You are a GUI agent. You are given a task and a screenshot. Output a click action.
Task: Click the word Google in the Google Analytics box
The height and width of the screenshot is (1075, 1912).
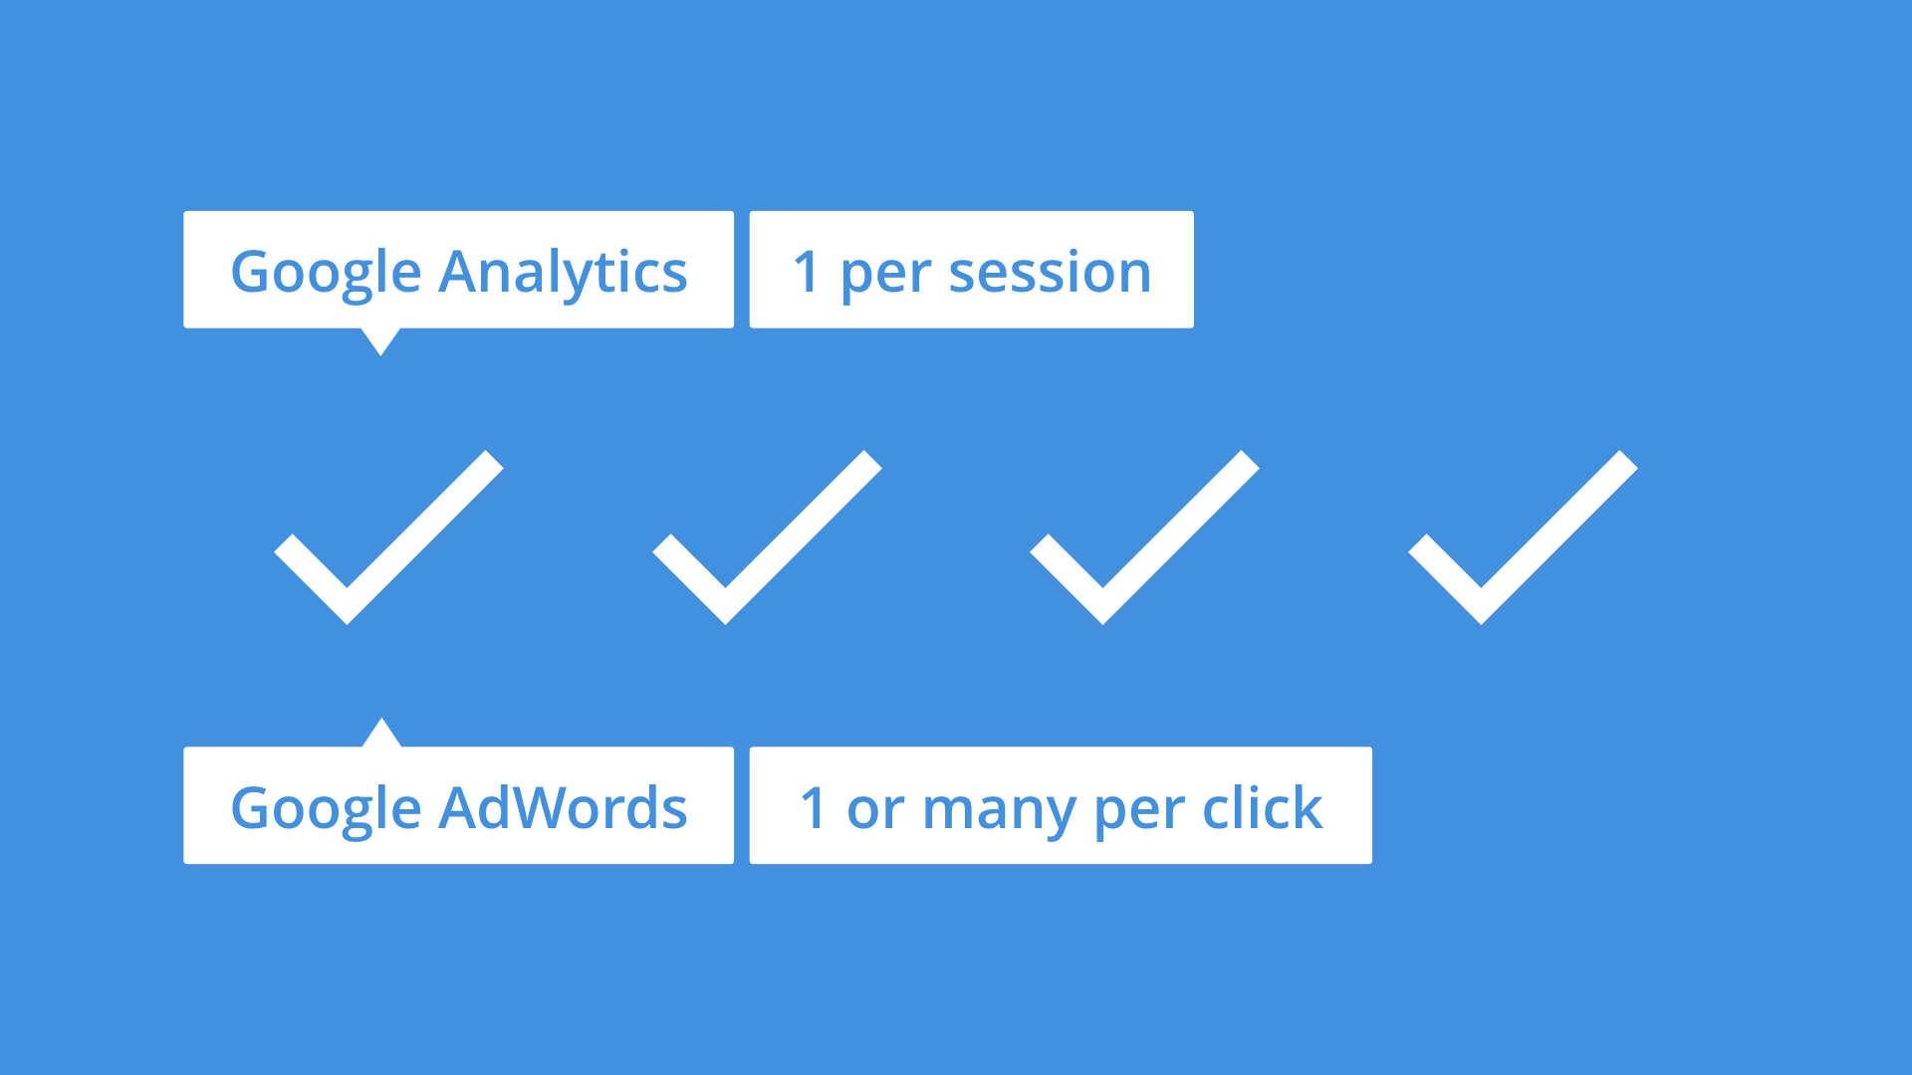pos(326,272)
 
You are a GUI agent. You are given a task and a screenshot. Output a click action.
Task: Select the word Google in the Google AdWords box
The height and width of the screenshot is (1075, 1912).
pos(326,807)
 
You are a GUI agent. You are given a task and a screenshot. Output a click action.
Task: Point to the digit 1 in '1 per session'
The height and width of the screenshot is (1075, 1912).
pos(807,272)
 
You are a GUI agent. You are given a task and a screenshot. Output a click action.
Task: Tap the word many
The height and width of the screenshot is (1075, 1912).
pos(999,809)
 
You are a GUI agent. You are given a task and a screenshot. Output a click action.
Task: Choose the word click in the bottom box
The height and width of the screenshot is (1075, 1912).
pos(1262,807)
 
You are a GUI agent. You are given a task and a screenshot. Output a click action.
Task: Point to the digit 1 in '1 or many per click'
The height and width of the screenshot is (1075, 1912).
pos(814,807)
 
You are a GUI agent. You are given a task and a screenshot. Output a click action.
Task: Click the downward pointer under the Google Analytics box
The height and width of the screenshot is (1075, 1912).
pos(380,339)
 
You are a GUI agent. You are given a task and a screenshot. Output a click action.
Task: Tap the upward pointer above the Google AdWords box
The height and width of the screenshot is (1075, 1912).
pos(380,734)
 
